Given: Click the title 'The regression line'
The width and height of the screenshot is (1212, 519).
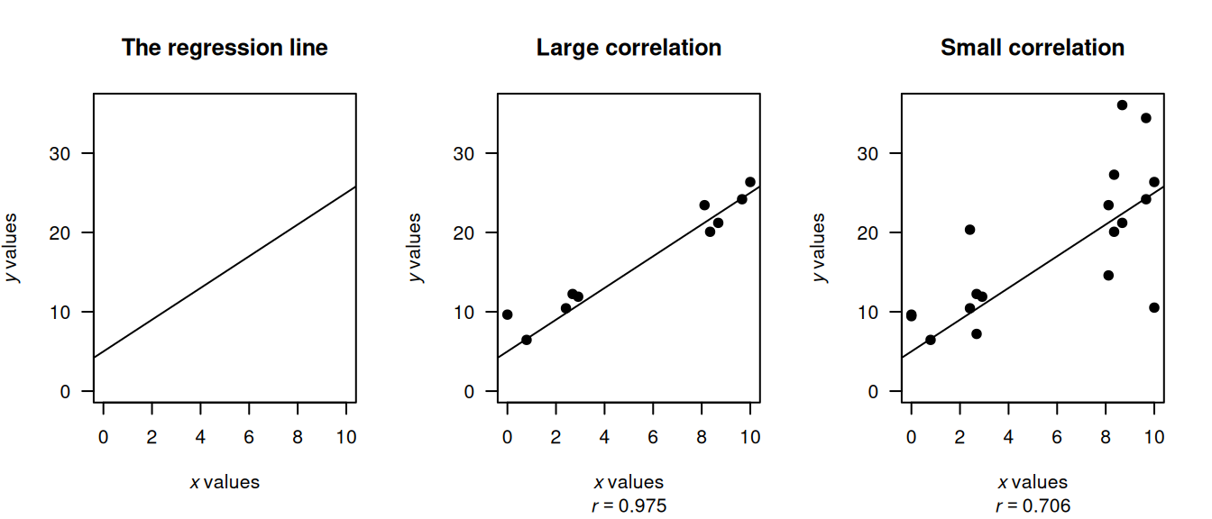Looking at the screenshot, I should coord(225,48).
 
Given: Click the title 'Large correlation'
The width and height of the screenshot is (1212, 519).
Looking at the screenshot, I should coord(629,48).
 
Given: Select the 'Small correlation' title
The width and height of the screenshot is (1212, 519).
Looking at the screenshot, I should coord(1032,48).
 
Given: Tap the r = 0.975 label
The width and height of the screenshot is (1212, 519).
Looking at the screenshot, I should coord(629,506).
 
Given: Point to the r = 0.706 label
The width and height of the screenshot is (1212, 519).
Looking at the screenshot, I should coord(1033,506).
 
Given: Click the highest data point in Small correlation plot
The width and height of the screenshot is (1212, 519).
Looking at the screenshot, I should coord(1122,105).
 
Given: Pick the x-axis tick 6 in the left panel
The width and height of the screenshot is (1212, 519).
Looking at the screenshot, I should coord(249,437).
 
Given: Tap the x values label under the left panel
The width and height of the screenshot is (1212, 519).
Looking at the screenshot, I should coord(225,482).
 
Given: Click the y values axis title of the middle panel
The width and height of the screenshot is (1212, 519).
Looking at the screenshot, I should coord(415,248).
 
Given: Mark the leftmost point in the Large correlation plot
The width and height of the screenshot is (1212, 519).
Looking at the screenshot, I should coord(508,314).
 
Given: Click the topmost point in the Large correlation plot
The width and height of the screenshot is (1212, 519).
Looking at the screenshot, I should coord(750,182).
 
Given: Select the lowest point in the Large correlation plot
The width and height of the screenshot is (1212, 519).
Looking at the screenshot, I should coord(527,340).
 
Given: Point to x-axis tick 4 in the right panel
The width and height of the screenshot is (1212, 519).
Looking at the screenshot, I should coord(1008,437).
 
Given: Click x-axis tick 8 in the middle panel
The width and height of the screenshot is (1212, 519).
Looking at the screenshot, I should coord(701,437).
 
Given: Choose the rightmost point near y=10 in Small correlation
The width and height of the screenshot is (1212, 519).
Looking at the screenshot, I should coord(1154,307).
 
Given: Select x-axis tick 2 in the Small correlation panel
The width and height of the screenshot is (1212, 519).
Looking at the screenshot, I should coord(959,437).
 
